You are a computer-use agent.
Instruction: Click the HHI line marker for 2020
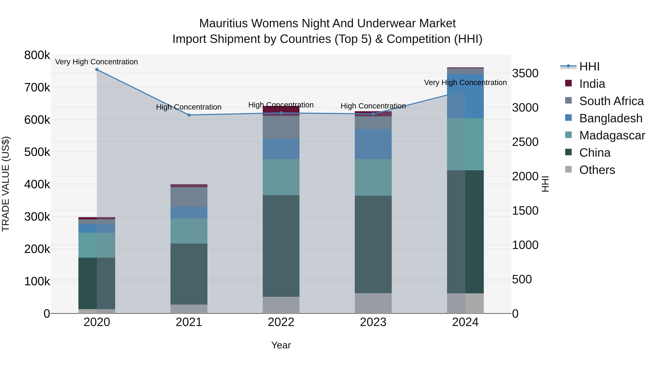tap(97, 70)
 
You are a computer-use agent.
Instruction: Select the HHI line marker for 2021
tap(189, 115)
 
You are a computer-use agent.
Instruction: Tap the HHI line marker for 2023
tap(373, 114)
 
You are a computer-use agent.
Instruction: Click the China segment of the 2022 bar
tap(281, 246)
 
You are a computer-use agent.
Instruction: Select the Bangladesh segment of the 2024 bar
tap(465, 96)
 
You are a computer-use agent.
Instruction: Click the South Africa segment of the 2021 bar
tap(189, 197)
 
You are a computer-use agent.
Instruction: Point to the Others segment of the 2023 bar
tap(373, 303)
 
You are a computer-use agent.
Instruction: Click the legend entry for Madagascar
tap(612, 135)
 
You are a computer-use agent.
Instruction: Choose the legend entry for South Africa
tap(611, 101)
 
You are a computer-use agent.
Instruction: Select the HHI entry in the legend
tap(589, 67)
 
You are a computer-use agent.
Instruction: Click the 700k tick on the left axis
tap(37, 88)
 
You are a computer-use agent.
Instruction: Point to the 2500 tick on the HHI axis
tap(525, 142)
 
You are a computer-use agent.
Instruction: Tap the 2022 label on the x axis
tap(281, 322)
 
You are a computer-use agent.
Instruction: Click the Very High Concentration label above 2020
tap(97, 62)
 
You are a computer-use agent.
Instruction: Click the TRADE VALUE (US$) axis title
tap(6, 184)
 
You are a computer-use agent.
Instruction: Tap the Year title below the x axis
tap(281, 345)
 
